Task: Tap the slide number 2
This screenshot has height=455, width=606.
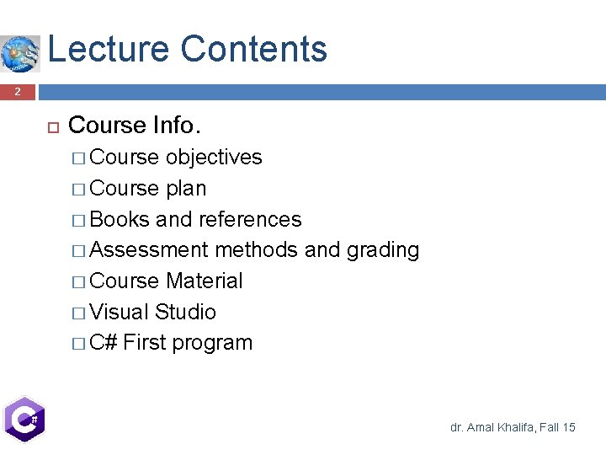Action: click(17, 92)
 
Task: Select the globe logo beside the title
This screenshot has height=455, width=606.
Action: click(20, 53)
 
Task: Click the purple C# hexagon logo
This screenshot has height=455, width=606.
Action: click(24, 419)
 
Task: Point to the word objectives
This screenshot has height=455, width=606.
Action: click(214, 158)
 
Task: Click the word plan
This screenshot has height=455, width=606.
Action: click(186, 189)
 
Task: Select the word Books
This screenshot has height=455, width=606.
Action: click(120, 220)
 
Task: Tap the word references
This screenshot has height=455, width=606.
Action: click(250, 220)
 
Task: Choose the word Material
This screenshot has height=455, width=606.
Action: click(205, 281)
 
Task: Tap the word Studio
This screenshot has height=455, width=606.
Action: click(185, 313)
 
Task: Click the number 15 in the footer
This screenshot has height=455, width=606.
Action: click(568, 428)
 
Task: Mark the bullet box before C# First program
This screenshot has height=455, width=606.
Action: click(78, 344)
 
